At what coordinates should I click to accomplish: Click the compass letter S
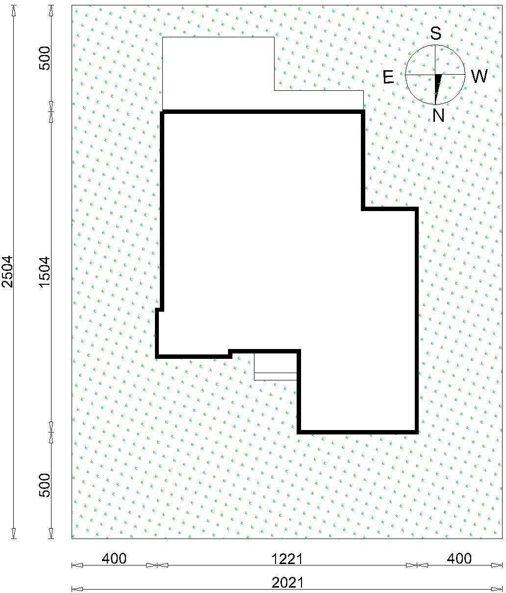(x=435, y=33)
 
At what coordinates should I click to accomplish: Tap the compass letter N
(x=438, y=115)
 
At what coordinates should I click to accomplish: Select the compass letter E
(x=388, y=77)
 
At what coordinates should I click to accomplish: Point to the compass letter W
(x=480, y=77)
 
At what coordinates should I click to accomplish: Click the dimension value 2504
(x=7, y=271)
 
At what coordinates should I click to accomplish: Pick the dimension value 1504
(x=45, y=271)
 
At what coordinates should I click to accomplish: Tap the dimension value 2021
(x=287, y=583)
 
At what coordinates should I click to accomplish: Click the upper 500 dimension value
(x=45, y=58)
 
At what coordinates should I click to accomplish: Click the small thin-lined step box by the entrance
(x=275, y=366)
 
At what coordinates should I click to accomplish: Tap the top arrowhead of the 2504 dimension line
(x=13, y=11)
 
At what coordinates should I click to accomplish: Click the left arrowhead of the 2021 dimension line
(x=77, y=589)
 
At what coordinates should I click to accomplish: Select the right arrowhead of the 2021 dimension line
(x=497, y=589)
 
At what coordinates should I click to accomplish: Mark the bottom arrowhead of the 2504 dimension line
(x=13, y=533)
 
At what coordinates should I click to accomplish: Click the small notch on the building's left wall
(x=159, y=310)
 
